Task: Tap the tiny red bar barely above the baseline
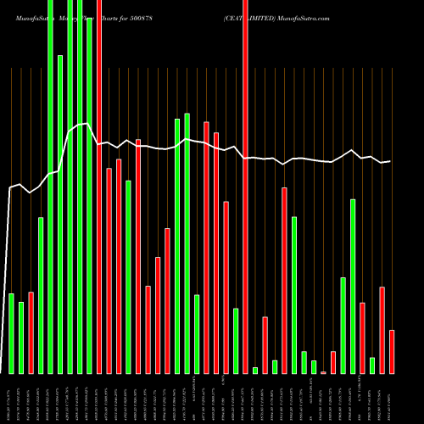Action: (x=323, y=372)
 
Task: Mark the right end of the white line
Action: (x=390, y=161)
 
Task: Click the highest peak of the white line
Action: (x=86, y=124)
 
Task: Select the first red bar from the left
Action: (x=31, y=332)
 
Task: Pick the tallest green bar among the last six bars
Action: (x=353, y=286)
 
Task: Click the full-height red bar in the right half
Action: (x=245, y=187)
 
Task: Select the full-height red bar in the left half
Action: (x=99, y=187)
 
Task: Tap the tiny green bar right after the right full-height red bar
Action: (x=255, y=370)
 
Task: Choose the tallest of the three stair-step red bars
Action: (x=168, y=300)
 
